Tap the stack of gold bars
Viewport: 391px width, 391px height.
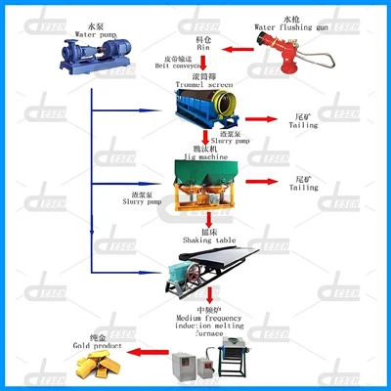(x=98, y=368)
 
